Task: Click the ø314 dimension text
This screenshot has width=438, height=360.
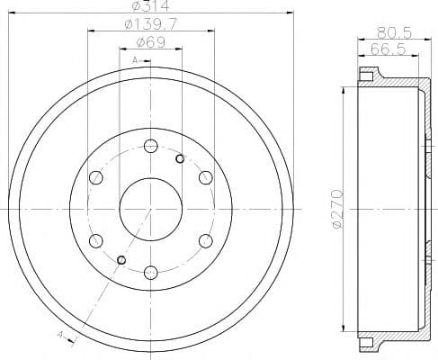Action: tap(150, 8)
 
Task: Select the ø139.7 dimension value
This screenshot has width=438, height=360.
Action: tap(150, 26)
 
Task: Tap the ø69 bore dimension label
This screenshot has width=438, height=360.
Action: tap(150, 42)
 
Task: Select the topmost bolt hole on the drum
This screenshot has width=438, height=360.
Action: tap(150, 146)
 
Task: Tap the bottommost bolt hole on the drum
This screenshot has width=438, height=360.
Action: tap(150, 270)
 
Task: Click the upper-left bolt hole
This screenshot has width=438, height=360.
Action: tap(96, 177)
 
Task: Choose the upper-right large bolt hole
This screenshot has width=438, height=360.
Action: tap(204, 177)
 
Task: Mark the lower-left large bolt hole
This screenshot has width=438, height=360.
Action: tap(96, 239)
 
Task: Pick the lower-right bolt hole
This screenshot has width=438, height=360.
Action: tap(204, 239)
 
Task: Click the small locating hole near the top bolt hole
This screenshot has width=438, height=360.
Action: tap(180, 159)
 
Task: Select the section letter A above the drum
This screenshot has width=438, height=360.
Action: tap(135, 58)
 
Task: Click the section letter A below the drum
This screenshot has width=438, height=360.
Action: tap(61, 334)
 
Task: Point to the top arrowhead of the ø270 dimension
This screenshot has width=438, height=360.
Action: tap(346, 90)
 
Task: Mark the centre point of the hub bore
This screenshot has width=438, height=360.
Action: tap(150, 208)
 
